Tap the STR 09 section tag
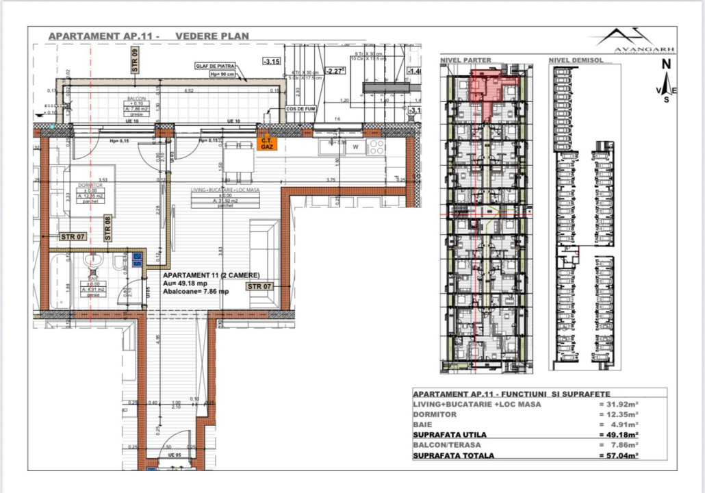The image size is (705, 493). point(135,61)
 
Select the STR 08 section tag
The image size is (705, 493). point(107,228)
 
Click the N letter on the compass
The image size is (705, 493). point(665,64)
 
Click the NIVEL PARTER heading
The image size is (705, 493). point(465,60)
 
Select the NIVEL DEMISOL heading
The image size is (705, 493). point(576,60)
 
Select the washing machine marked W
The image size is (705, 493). point(355,146)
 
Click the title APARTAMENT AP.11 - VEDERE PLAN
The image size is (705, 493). point(149,36)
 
